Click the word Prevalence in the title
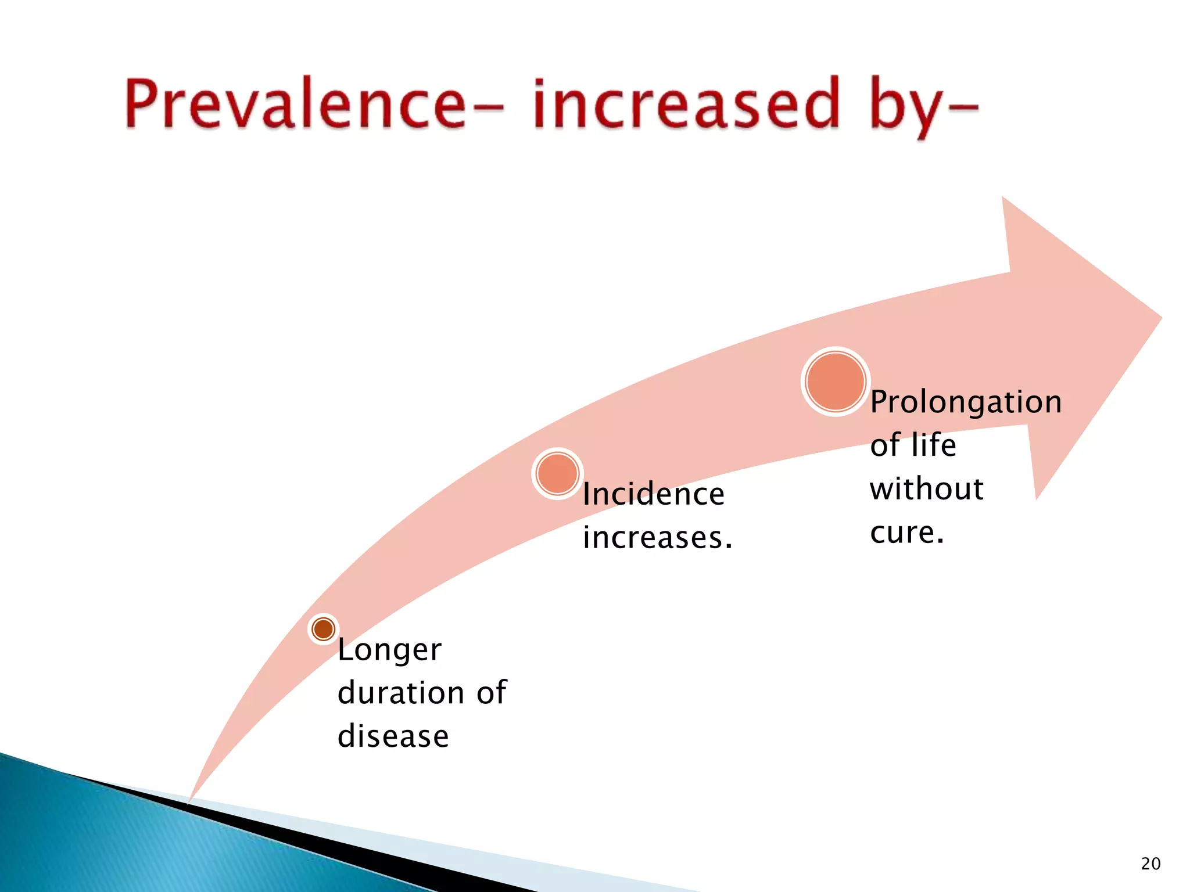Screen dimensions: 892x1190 295,105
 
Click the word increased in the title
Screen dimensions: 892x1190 686,105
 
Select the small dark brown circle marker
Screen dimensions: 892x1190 323,629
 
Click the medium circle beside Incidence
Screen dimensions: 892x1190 557,473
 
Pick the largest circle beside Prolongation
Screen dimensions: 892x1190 836,382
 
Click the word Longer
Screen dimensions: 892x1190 389,650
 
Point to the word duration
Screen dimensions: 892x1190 401,692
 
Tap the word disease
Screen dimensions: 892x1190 393,736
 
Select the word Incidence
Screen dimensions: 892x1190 654,494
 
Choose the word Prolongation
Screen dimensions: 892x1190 966,402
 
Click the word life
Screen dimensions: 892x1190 933,445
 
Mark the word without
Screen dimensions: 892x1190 927,488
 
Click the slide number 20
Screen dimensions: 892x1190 1150,864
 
